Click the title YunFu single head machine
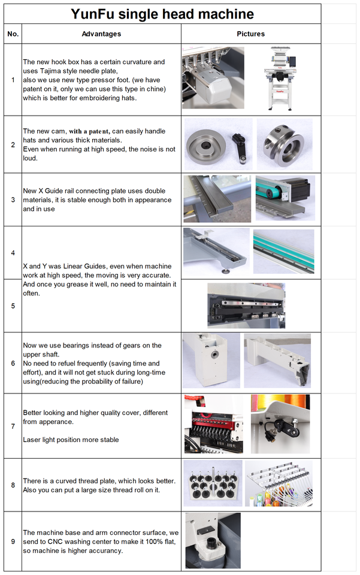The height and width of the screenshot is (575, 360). tap(162, 14)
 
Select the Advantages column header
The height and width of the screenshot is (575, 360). tap(101, 34)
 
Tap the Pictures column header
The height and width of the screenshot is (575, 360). tap(251, 34)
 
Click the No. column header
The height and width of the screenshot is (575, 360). tap(13, 34)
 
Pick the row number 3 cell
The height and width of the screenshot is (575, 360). tap(13, 199)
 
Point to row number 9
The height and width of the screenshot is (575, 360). tap(13, 541)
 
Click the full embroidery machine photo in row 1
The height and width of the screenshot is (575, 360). tap(280, 78)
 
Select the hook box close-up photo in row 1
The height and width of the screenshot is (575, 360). tap(213, 77)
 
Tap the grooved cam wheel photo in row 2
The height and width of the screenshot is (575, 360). tap(285, 144)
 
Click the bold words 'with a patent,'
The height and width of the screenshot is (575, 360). tap(89, 131)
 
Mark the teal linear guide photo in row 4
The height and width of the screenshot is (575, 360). tap(283, 251)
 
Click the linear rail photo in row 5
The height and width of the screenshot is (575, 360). tap(246, 305)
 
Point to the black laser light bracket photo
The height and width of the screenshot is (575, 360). tap(280, 424)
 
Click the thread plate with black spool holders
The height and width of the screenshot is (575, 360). tap(213, 483)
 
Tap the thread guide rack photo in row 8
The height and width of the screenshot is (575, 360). tap(279, 484)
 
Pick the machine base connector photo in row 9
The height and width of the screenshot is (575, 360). tap(213, 540)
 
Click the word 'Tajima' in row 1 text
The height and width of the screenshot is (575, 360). tap(50, 71)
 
